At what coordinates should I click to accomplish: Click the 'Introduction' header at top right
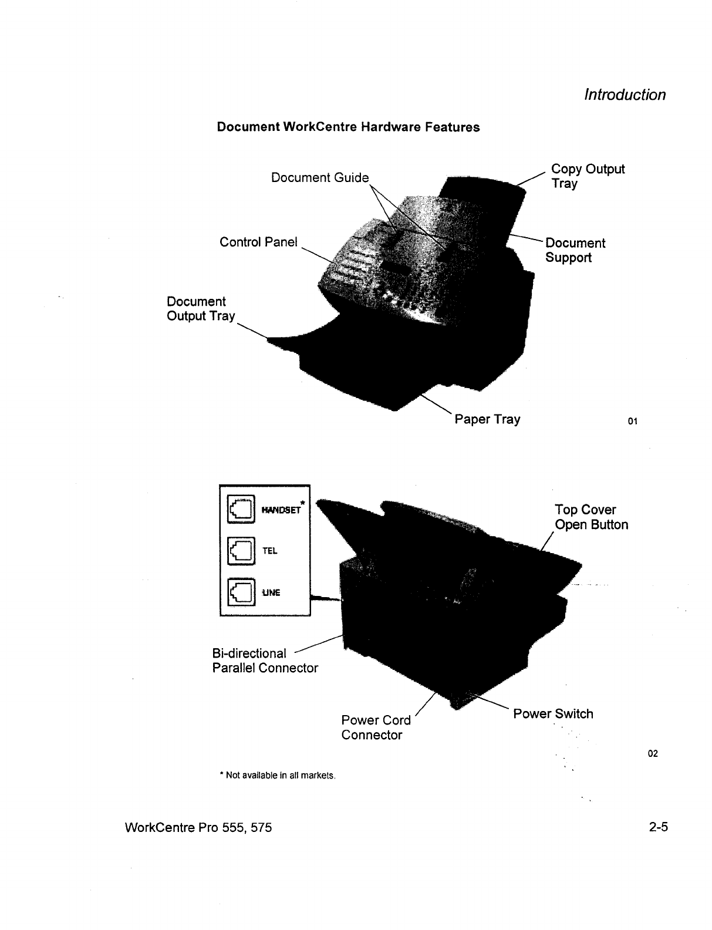click(x=625, y=95)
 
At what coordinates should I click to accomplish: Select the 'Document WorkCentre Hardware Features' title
click(x=348, y=127)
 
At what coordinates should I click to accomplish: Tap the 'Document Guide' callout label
click(x=320, y=178)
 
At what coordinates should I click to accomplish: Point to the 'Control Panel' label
click(x=258, y=242)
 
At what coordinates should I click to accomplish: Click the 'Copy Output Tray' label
click(x=588, y=176)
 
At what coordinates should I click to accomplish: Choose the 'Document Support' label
click(x=575, y=251)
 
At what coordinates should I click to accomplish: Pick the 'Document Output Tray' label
click(x=201, y=309)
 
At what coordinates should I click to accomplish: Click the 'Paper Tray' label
click(x=487, y=419)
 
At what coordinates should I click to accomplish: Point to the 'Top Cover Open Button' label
click(x=591, y=517)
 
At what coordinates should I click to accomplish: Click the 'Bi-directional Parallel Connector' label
click(x=265, y=661)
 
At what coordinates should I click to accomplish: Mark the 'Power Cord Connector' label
click(x=376, y=727)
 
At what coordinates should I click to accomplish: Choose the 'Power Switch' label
click(x=553, y=714)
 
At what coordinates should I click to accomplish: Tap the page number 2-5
click(x=659, y=828)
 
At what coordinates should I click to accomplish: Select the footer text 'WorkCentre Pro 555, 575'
click(x=198, y=828)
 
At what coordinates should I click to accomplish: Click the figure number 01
click(x=632, y=421)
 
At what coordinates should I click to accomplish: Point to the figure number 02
click(x=653, y=753)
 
